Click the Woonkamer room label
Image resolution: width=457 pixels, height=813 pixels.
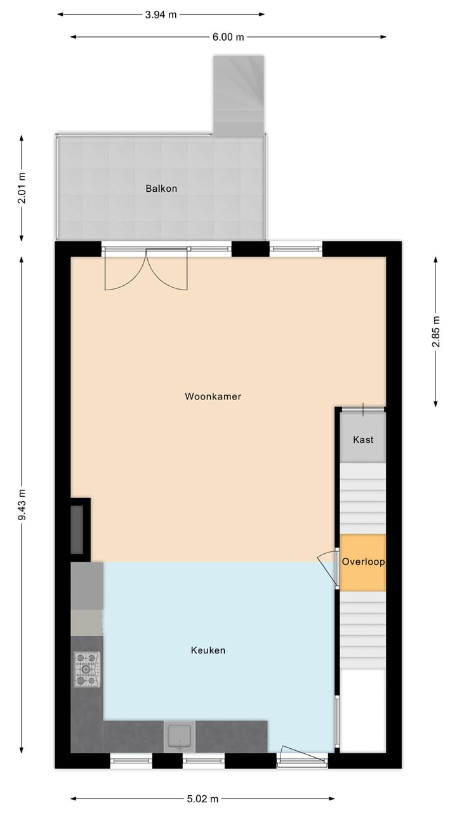coord(213,396)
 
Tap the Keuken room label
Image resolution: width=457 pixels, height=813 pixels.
coord(208,650)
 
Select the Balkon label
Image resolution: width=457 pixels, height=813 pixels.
coord(161,189)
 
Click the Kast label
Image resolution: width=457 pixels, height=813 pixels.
coord(363,440)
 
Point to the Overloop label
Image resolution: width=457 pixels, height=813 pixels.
coord(363,561)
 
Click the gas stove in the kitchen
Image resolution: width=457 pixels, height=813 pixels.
coord(88,669)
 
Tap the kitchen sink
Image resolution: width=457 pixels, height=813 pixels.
coord(180,737)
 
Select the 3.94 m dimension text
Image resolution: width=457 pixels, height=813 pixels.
coord(161,15)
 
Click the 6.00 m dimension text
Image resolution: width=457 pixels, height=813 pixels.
coord(228,37)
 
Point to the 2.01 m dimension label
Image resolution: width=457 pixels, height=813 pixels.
coord(22,188)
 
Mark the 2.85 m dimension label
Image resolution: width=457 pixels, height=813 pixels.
coord(436,332)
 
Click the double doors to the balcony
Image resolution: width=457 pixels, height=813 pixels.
coord(146,270)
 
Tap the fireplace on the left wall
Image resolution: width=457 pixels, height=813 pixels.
coord(79,529)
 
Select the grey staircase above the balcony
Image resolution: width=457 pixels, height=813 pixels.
coord(239,95)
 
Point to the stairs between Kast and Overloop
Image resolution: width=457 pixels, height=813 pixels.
coord(363,498)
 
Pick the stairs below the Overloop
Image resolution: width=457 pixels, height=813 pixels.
coord(363,629)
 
